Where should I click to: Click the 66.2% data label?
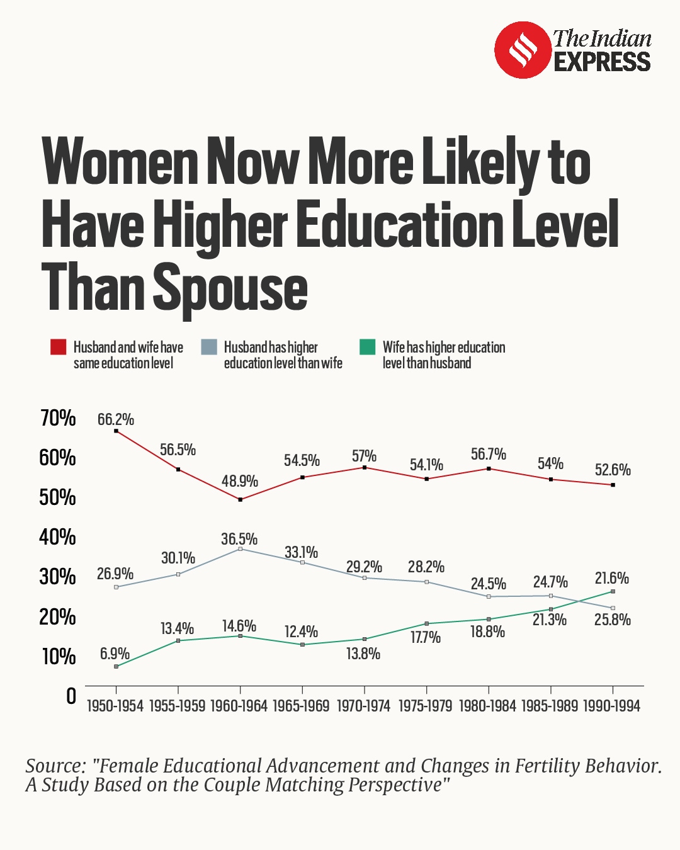[x=116, y=419]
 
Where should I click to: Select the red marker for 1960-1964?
[x=240, y=499]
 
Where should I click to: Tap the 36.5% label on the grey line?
[x=239, y=539]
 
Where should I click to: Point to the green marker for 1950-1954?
[x=116, y=666]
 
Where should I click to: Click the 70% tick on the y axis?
[x=58, y=418]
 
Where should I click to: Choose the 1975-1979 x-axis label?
[x=426, y=706]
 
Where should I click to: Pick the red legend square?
[x=59, y=347]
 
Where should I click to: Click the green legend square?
[x=367, y=347]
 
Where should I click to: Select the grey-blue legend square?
[x=209, y=347]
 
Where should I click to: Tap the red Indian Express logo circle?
[x=523, y=50]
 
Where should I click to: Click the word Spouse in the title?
[x=230, y=288]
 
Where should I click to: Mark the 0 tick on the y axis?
[x=71, y=696]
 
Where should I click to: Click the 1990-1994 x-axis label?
[x=612, y=706]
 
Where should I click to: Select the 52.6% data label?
[x=613, y=470]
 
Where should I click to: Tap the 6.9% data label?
[x=115, y=654]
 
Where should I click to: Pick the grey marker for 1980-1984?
[x=489, y=596]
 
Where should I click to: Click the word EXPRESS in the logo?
[x=602, y=62]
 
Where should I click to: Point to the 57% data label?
[x=364, y=455]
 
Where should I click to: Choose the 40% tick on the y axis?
[x=58, y=537]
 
